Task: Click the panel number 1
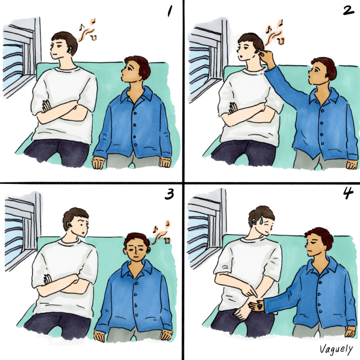pyautogui.click(x=169, y=11)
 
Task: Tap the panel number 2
pyautogui.click(x=348, y=10)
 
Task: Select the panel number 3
pyautogui.click(x=169, y=194)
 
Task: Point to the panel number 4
pyautogui.click(x=348, y=194)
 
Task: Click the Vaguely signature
pyautogui.click(x=336, y=349)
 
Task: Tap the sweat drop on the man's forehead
pyautogui.click(x=261, y=221)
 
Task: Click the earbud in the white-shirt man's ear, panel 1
pyautogui.click(x=68, y=49)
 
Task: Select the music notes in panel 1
pyautogui.click(x=87, y=30)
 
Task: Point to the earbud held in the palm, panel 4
pyautogui.click(x=259, y=306)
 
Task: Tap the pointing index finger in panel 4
pyautogui.click(x=250, y=292)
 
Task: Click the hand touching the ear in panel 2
pyautogui.click(x=266, y=56)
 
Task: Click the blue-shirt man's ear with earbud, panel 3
pyautogui.click(x=148, y=250)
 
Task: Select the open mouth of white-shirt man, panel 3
pyautogui.click(x=83, y=233)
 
